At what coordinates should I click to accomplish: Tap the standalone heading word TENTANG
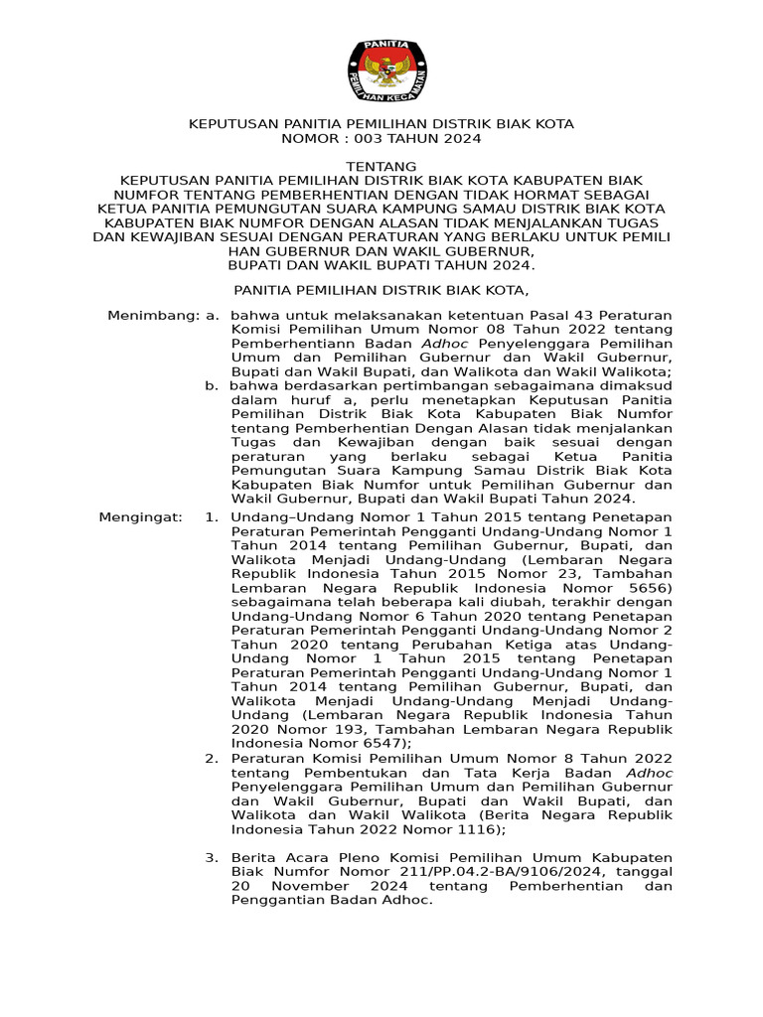[x=381, y=166]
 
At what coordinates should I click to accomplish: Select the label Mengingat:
[x=141, y=516]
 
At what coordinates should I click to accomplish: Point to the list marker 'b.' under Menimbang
[x=213, y=384]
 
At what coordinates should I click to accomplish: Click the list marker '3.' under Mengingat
[x=212, y=856]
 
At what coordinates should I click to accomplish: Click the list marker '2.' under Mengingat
[x=212, y=758]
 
